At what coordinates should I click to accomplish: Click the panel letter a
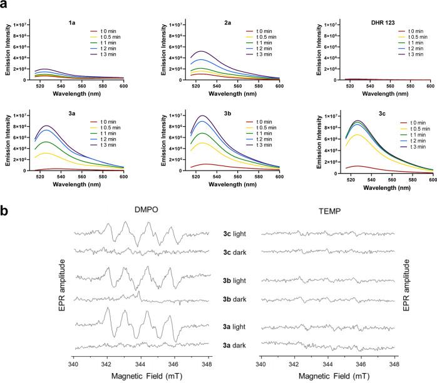[6, 6]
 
